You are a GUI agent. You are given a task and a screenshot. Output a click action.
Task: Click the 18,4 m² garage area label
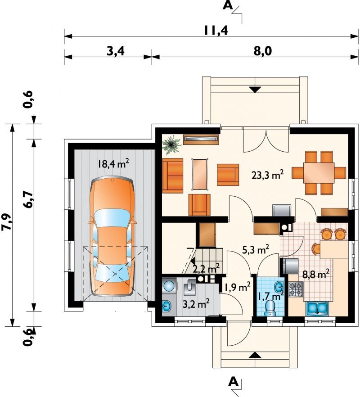point(114,164)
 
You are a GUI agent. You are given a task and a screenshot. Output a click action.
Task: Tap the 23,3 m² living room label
point(267,175)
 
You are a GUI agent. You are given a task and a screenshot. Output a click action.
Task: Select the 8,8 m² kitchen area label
point(316,274)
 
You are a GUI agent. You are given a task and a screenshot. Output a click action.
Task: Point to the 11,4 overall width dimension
point(216,30)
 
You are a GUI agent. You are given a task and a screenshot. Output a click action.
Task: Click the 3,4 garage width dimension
point(116,51)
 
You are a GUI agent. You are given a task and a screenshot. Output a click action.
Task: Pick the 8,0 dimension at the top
point(262,51)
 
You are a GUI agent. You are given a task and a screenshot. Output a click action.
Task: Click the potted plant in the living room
point(172,144)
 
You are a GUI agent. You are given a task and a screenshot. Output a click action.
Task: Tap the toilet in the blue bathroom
point(270,308)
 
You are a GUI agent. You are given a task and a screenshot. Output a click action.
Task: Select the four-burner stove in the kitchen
point(296,289)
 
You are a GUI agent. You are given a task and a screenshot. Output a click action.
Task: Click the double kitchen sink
point(317,308)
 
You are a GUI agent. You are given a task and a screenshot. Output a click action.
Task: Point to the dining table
point(319,173)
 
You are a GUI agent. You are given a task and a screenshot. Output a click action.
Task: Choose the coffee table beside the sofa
point(200,174)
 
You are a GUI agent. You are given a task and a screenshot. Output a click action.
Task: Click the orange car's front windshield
point(112,218)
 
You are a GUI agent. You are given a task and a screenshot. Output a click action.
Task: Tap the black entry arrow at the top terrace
point(255,90)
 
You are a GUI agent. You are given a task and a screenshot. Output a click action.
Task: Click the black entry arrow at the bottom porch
point(255,355)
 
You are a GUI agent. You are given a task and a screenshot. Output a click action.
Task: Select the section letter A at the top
point(228,5)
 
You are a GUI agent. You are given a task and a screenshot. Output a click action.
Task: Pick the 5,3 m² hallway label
point(256,250)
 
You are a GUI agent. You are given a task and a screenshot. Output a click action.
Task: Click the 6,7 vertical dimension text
point(28,199)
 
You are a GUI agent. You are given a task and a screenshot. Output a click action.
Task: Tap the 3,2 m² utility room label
point(196,303)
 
